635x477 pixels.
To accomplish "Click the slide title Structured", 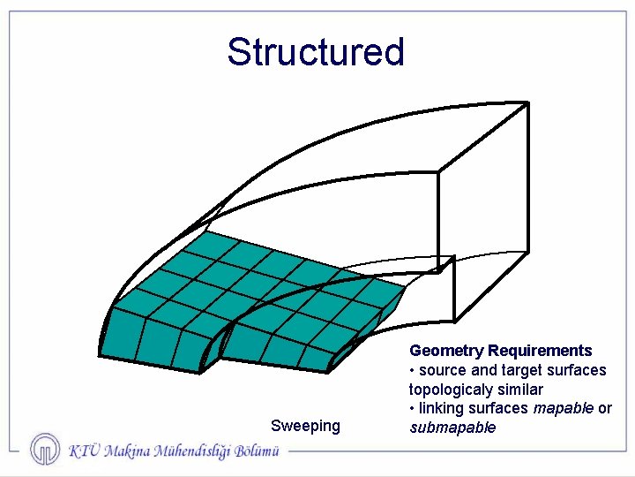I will (x=315, y=52).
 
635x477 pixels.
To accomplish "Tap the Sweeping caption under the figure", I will (x=305, y=426).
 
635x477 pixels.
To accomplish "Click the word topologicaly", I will (x=450, y=390).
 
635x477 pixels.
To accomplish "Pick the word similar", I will (x=519, y=390).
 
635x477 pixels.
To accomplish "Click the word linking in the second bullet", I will (x=439, y=408).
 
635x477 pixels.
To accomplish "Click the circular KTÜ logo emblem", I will (x=45, y=449).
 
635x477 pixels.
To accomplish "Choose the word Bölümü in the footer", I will (x=257, y=450).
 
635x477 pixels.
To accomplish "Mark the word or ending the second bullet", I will (x=605, y=408).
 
